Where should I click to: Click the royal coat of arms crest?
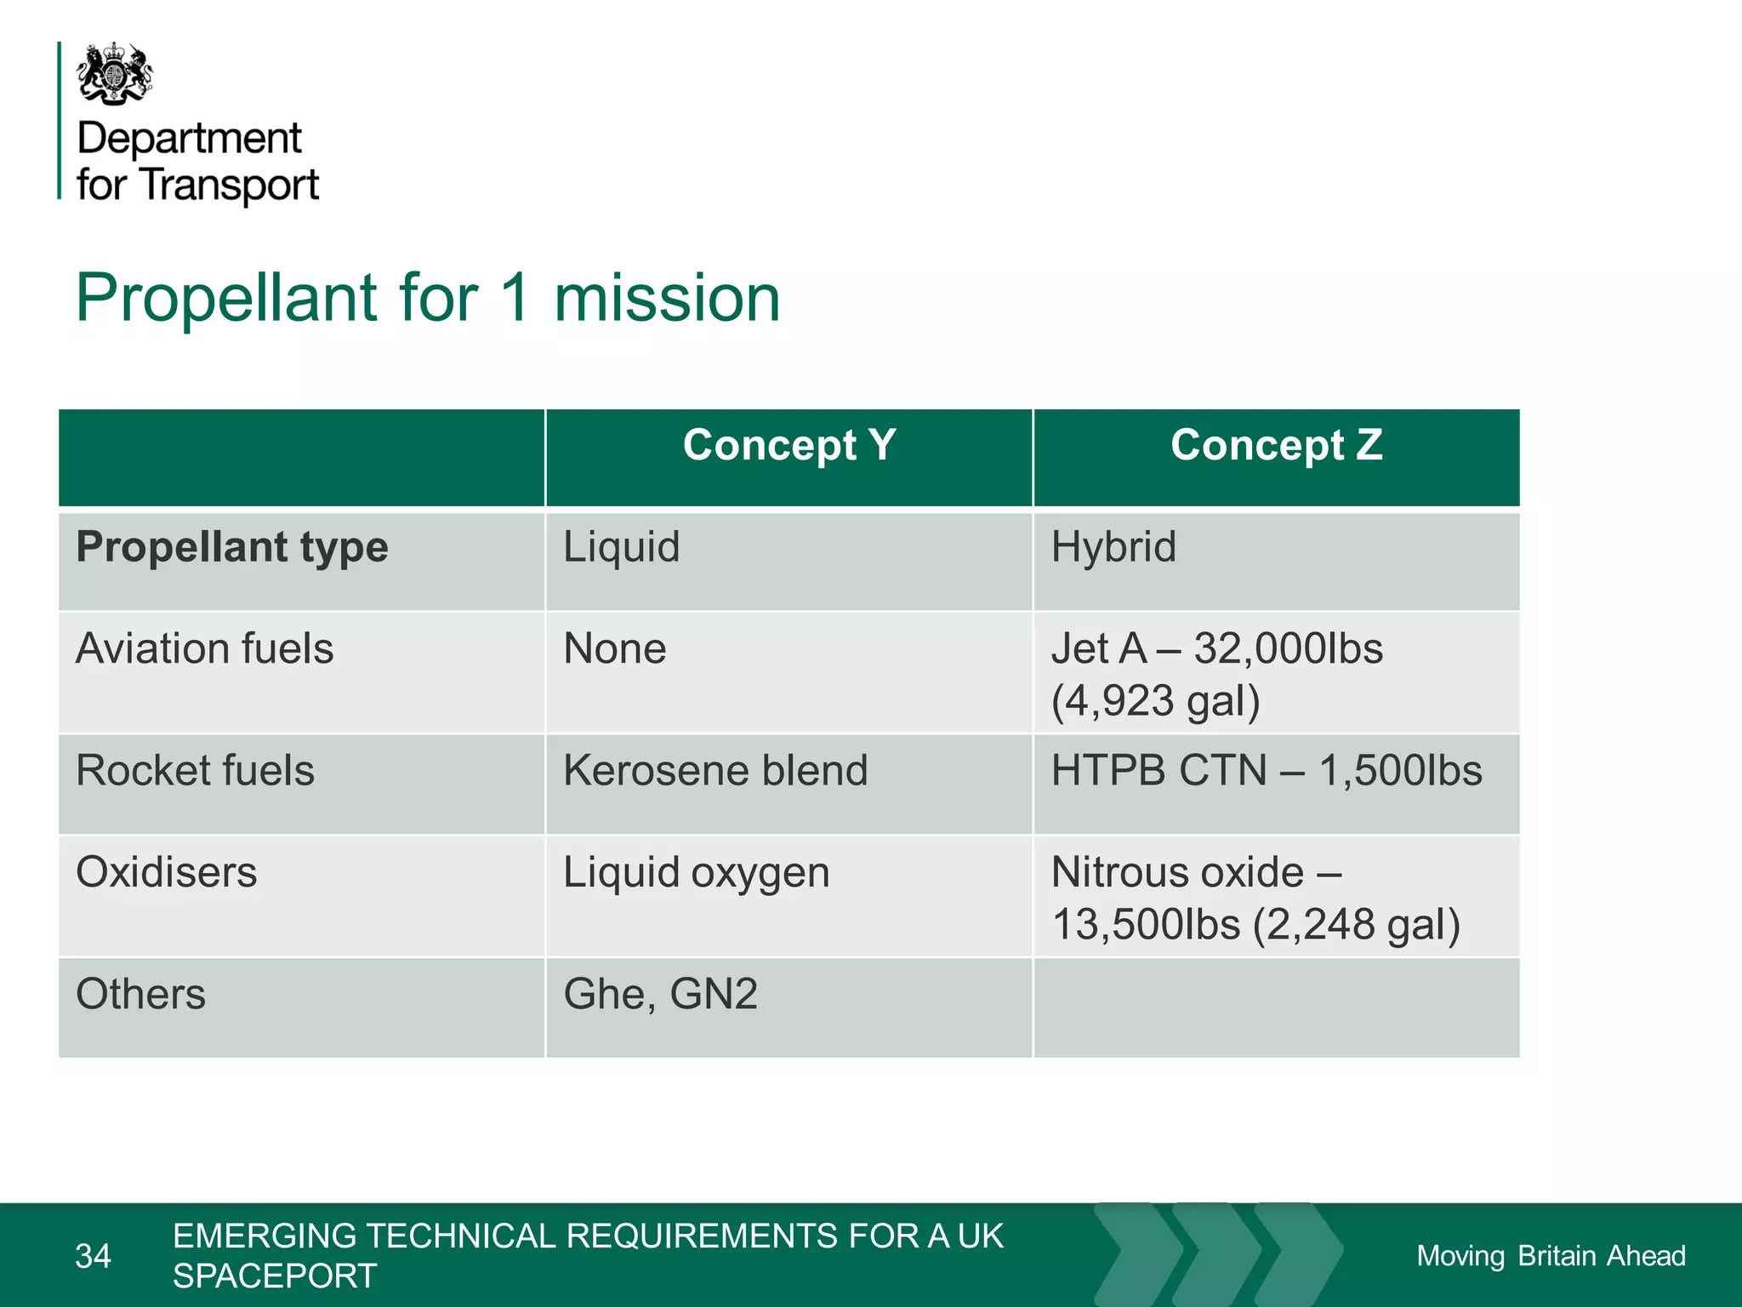[x=115, y=74]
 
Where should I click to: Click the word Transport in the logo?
[x=230, y=185]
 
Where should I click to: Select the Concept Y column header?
[x=788, y=445]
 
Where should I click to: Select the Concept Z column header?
[x=1276, y=445]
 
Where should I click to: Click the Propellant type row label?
[x=231, y=547]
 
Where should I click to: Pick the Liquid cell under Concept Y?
[x=622, y=547]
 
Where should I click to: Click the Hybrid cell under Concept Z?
[x=1113, y=547]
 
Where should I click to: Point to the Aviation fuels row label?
[x=204, y=649]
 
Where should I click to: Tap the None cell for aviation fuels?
[x=614, y=649]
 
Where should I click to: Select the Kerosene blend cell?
[x=715, y=771]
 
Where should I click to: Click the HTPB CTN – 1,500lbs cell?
[x=1266, y=771]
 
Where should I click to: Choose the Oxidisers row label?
[x=166, y=873]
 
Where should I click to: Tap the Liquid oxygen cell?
[x=696, y=873]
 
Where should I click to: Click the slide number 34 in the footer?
[x=93, y=1256]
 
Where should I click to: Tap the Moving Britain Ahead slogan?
[x=1550, y=1256]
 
